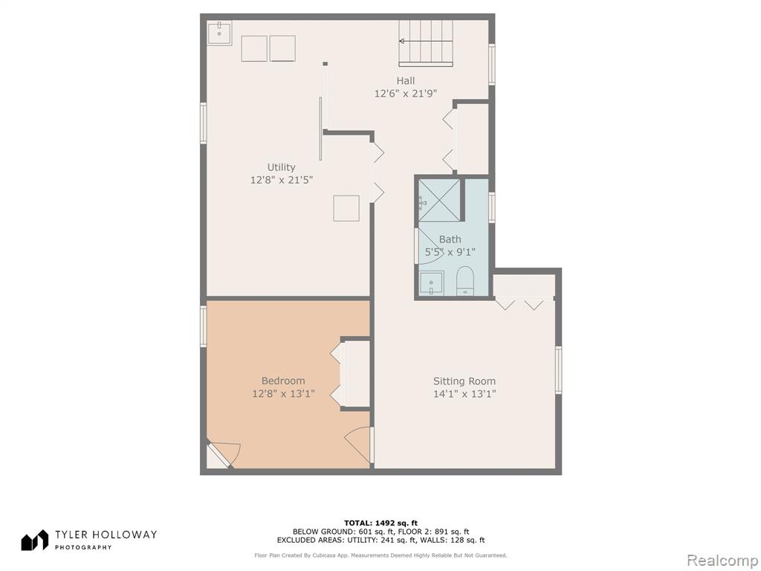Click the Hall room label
[x=405, y=80]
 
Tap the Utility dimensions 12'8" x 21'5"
[x=282, y=180]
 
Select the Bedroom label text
[x=283, y=381]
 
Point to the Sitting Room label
[x=464, y=381]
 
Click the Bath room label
[x=450, y=239]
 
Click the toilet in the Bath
[x=465, y=280]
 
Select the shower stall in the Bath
[x=439, y=201]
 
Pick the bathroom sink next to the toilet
[x=431, y=283]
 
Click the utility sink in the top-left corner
[x=219, y=33]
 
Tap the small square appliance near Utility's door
[x=346, y=208]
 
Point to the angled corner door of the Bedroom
[x=222, y=455]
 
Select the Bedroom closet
[x=354, y=373]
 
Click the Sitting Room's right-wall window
[x=558, y=370]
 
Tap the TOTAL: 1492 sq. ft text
[x=380, y=523]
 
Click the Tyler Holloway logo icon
[x=34, y=540]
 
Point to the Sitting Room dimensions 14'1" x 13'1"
[x=464, y=394]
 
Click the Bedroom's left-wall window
[x=204, y=326]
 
